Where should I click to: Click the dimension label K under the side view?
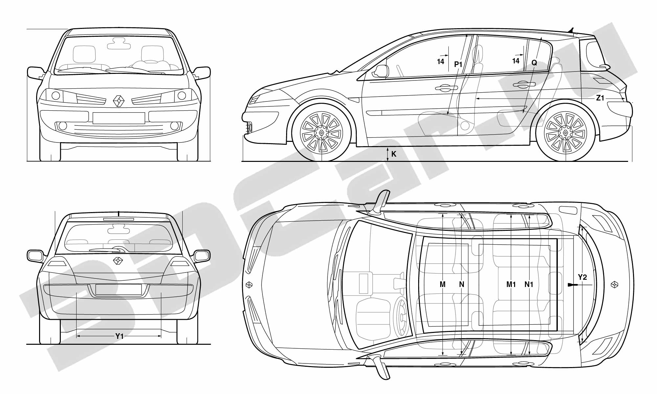[x=394, y=154]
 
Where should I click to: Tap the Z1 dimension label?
[x=600, y=98]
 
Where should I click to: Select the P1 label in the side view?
[x=458, y=64]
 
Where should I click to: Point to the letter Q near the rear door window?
[x=534, y=63]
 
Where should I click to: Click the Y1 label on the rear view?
[x=119, y=336]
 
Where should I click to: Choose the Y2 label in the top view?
[x=582, y=277]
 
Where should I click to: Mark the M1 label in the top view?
[x=511, y=284]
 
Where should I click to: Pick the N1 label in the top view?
[x=529, y=284]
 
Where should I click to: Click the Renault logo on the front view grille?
[x=119, y=100]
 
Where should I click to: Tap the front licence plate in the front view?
[x=119, y=118]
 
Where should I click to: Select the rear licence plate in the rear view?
[x=119, y=290]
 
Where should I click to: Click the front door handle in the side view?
[x=446, y=88]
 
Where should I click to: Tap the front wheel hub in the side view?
[x=322, y=133]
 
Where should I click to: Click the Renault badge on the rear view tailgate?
[x=118, y=261]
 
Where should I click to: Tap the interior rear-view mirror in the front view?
[x=117, y=43]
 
